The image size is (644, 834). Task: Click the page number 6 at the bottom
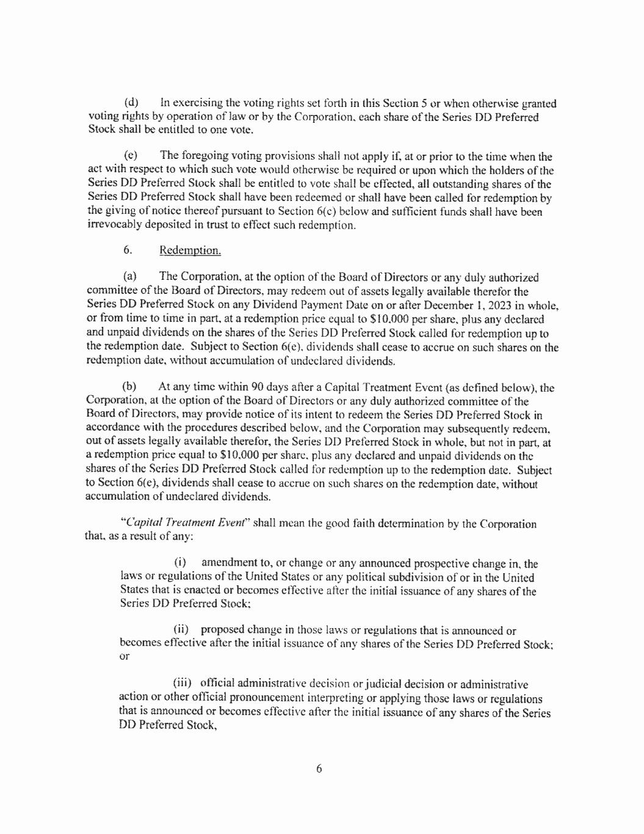pyautogui.click(x=319, y=769)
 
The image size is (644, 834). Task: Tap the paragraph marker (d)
pyautogui.click(x=131, y=103)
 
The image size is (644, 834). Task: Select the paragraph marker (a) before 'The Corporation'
pyautogui.click(x=130, y=278)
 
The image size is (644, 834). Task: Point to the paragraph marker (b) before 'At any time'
pyautogui.click(x=129, y=387)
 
